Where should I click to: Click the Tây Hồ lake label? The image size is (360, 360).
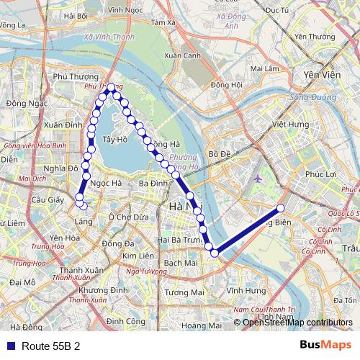pos(115,139)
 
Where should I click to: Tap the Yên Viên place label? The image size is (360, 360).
pos(320,74)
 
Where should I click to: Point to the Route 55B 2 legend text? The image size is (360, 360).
pos(50,346)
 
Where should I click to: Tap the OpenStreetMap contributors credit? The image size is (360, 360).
pos(297,323)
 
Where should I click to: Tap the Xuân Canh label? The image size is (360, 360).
pos(182,55)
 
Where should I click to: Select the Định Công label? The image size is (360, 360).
pos(127,320)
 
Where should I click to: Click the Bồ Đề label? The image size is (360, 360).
pos(218,153)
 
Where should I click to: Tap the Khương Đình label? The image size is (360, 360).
pos(99,289)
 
